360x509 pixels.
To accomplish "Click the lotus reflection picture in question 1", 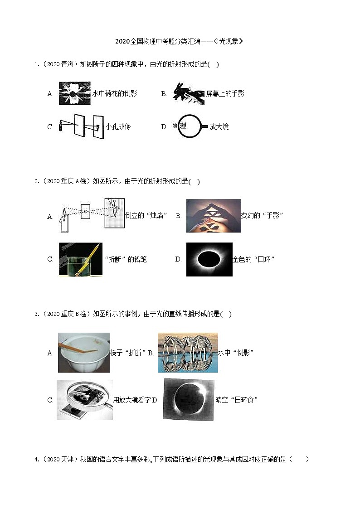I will click(x=74, y=93).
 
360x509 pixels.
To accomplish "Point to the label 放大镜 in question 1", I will click(x=219, y=127).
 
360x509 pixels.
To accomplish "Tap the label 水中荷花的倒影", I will click(x=114, y=94).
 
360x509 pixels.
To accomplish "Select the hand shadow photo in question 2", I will click(x=214, y=216).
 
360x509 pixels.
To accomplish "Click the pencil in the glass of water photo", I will click(x=80, y=259).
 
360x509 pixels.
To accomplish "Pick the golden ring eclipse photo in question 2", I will click(x=209, y=259).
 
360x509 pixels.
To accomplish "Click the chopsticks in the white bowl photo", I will click(x=84, y=352).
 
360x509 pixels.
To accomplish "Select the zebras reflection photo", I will click(x=188, y=352).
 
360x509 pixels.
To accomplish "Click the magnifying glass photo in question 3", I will click(x=84, y=400).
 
